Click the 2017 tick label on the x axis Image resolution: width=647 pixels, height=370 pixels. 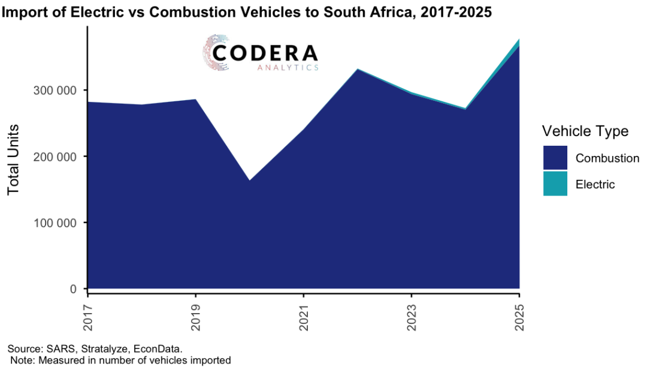(x=88, y=315)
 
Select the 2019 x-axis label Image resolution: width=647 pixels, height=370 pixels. (x=196, y=315)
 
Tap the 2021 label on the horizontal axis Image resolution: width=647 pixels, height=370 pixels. (x=304, y=315)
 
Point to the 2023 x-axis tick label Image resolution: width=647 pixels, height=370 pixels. (x=411, y=315)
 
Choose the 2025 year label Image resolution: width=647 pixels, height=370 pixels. (x=519, y=315)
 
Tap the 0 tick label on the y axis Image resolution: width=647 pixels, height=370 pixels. (x=74, y=289)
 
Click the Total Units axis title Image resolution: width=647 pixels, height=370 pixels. (x=14, y=159)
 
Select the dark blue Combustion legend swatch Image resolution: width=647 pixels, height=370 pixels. (x=555, y=158)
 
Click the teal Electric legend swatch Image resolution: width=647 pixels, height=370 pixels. (x=555, y=184)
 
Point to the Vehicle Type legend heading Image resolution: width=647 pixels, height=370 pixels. (x=585, y=131)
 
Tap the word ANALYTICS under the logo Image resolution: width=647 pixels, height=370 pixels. (x=288, y=68)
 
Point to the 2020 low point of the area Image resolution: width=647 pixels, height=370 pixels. (x=250, y=181)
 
